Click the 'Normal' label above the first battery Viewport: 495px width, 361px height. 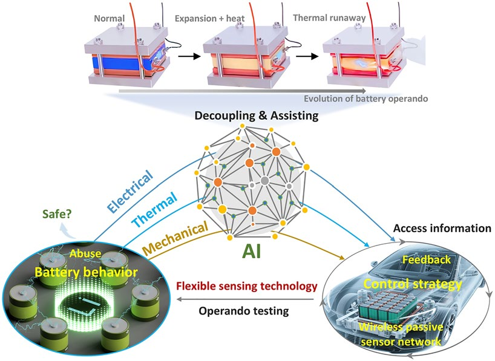click(110, 18)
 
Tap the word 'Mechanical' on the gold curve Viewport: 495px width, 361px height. click(175, 238)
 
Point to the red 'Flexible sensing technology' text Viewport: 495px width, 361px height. click(246, 286)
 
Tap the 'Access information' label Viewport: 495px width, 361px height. click(441, 229)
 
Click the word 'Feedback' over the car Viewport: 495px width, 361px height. click(427, 260)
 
